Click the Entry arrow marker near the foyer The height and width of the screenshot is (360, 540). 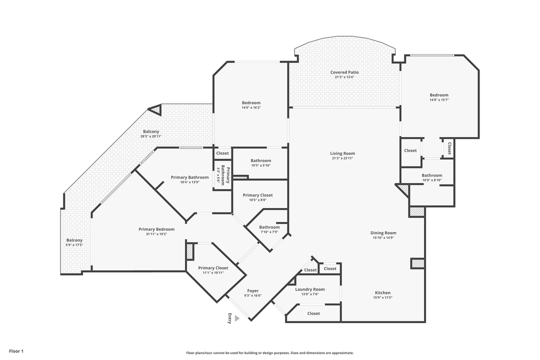237,318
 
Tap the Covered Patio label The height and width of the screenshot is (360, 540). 344,72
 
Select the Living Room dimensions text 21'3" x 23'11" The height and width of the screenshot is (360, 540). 342,158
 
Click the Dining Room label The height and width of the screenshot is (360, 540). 383,233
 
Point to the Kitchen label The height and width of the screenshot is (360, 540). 382,293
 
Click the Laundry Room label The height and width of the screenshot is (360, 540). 310,289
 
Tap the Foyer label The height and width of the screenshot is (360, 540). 253,291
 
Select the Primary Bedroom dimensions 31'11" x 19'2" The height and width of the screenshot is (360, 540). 156,234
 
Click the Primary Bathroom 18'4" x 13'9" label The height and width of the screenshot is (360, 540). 189,177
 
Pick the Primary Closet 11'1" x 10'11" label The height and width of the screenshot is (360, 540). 213,268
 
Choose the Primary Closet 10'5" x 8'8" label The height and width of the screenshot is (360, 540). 257,195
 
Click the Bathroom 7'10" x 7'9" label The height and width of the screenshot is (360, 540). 269,227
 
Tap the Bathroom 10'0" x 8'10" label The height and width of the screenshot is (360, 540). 431,175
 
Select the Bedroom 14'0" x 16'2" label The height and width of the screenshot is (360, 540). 251,103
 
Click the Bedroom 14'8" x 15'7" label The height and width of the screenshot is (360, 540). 439,95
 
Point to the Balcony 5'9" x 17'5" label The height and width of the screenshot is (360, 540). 74,240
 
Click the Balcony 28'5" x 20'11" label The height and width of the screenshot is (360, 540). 151,132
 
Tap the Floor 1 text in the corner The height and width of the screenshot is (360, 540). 16,351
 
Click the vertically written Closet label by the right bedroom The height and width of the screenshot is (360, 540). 449,148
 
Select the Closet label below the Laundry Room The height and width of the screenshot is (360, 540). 313,313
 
